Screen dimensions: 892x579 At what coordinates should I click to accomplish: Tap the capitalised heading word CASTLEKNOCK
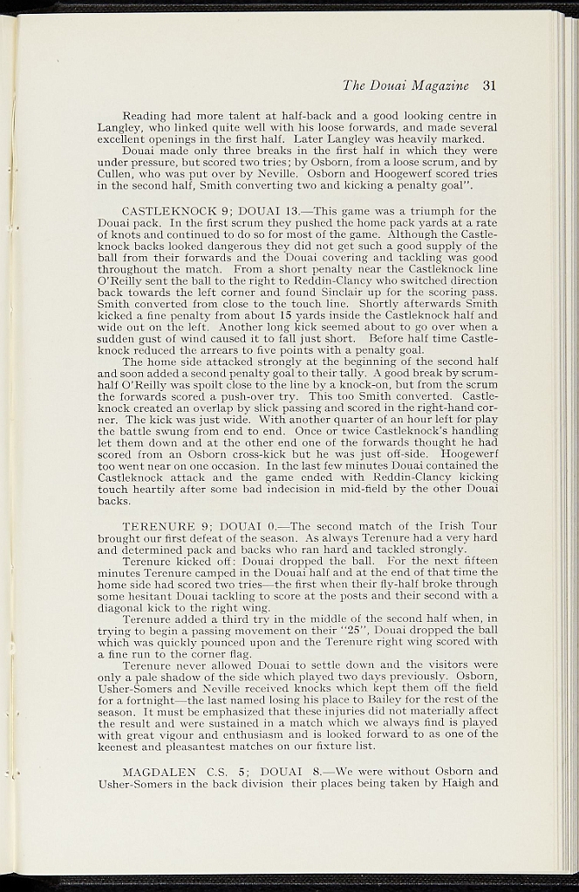click(x=167, y=211)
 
